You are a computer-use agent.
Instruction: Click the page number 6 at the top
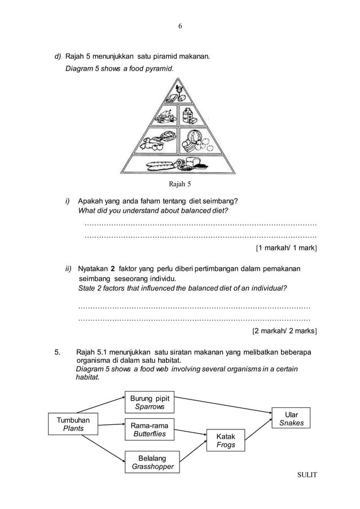coord(180,27)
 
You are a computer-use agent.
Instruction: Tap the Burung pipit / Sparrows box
coord(150,402)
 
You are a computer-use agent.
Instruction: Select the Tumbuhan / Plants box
coord(73,424)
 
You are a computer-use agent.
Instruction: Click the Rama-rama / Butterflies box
coord(149,429)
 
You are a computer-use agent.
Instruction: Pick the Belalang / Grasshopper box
coord(152,462)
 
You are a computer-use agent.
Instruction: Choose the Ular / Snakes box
coord(291,419)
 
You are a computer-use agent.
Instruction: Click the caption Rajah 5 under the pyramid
coord(180,183)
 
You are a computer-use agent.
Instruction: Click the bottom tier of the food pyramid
coord(179,164)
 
